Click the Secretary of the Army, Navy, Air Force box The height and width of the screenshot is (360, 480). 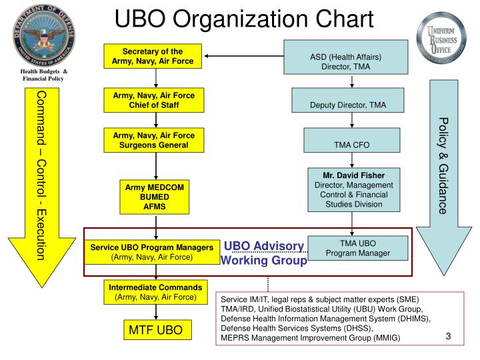[x=153, y=57]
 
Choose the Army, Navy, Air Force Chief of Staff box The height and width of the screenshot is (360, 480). [x=154, y=101]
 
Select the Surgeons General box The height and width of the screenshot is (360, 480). [x=154, y=140]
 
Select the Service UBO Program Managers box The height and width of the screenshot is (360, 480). [x=152, y=251]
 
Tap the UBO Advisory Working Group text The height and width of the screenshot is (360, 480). [x=263, y=253]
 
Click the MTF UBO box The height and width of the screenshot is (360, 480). [x=155, y=330]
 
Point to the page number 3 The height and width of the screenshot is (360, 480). [x=449, y=337]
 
